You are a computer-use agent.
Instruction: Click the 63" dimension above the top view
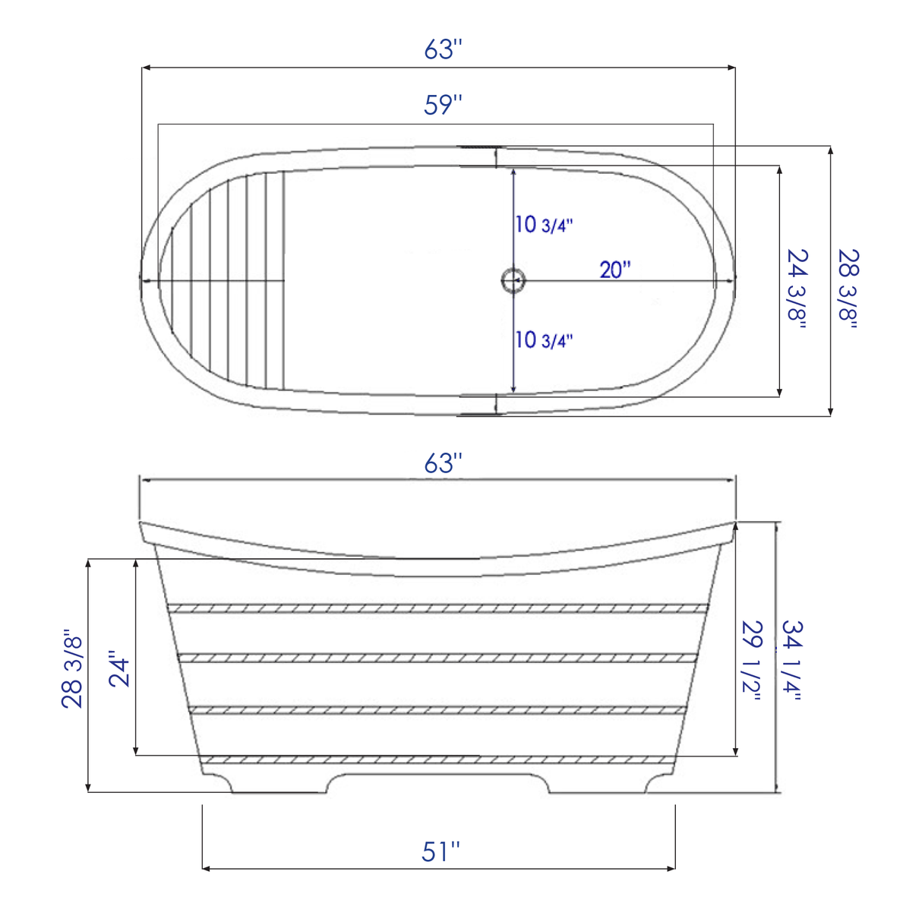pyautogui.click(x=443, y=49)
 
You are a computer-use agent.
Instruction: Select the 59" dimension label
pyautogui.click(x=443, y=105)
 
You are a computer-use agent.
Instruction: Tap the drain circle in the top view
pyautogui.click(x=513, y=280)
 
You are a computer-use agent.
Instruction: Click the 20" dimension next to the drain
pyautogui.click(x=615, y=270)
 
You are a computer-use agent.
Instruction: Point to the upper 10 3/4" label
pyautogui.click(x=544, y=225)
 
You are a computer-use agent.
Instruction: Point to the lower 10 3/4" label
pyautogui.click(x=544, y=339)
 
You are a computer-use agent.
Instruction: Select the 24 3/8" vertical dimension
pyautogui.click(x=797, y=288)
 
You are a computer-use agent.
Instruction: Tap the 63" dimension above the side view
pyautogui.click(x=443, y=463)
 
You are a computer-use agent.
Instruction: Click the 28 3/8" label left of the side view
pyautogui.click(x=72, y=669)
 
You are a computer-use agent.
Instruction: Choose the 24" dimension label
pyautogui.click(x=120, y=668)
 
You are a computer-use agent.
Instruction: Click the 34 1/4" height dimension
pyautogui.click(x=792, y=660)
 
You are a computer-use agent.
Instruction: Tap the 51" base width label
pyautogui.click(x=440, y=851)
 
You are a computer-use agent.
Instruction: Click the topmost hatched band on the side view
pyautogui.click(x=438, y=608)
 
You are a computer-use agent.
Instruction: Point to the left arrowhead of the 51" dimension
pyautogui.click(x=206, y=869)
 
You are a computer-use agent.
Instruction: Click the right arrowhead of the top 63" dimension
pyautogui.click(x=731, y=68)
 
